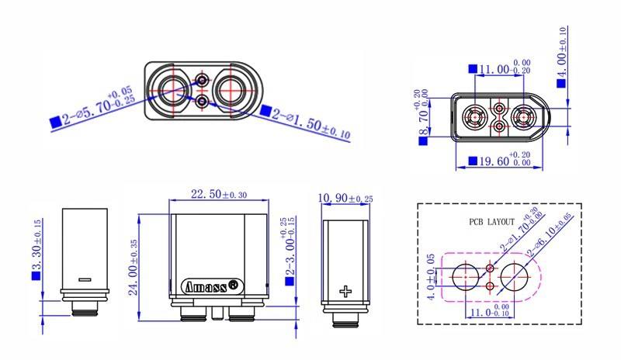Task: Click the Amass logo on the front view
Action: (x=212, y=286)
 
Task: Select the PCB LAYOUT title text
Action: (x=491, y=222)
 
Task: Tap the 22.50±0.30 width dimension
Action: (x=219, y=195)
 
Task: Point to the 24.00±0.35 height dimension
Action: (x=134, y=267)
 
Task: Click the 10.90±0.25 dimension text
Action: (x=345, y=198)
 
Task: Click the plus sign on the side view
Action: (x=345, y=292)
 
